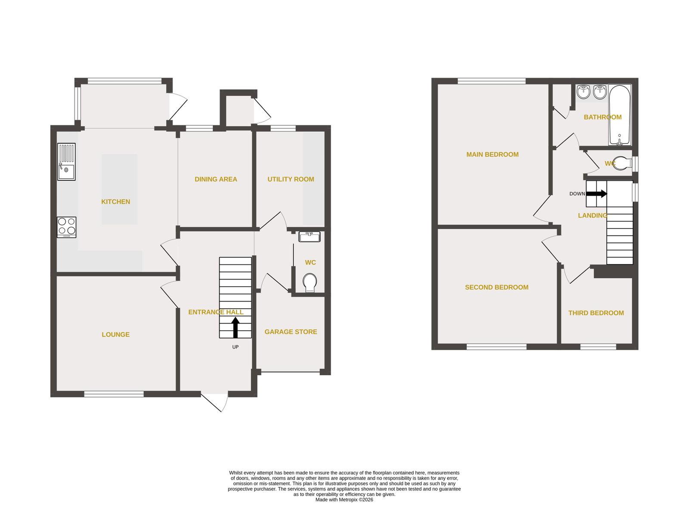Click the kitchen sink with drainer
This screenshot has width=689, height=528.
(66, 162)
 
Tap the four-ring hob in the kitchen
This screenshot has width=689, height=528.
(67, 227)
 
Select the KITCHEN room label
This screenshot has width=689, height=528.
(115, 202)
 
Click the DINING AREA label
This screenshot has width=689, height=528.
(216, 179)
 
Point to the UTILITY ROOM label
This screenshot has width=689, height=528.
(291, 179)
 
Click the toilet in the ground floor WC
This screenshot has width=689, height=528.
(310, 283)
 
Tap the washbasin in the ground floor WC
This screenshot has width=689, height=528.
(310, 236)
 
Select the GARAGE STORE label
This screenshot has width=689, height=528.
(291, 332)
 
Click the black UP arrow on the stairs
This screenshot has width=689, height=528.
(235, 328)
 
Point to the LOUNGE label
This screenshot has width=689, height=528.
(115, 335)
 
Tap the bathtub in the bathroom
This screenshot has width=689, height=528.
(620, 115)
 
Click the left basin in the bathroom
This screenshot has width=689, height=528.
(583, 92)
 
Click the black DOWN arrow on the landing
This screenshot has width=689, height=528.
(596, 193)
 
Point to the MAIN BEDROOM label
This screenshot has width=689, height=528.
(492, 155)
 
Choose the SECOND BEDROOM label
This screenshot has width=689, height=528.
(497, 287)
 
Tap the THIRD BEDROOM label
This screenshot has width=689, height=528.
(596, 313)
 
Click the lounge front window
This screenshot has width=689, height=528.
(114, 394)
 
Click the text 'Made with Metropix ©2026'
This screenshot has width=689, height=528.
(344, 500)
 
